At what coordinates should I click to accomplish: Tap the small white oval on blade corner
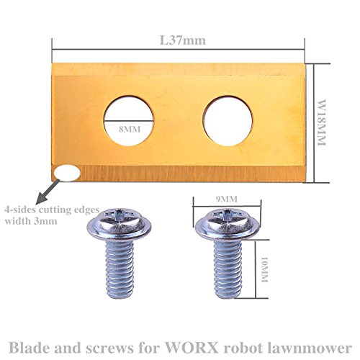pos(70,173)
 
